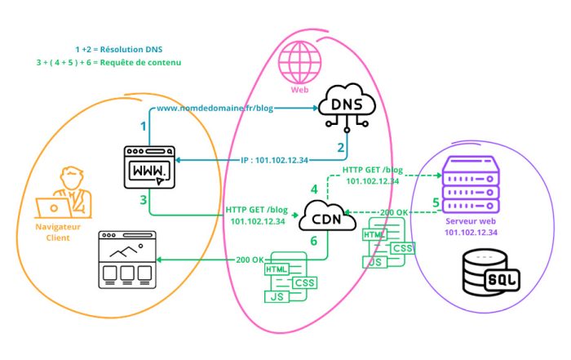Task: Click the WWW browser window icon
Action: [x=150, y=168]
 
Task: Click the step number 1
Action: [x=143, y=127]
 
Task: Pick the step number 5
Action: [x=436, y=202]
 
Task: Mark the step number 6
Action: [x=313, y=242]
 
